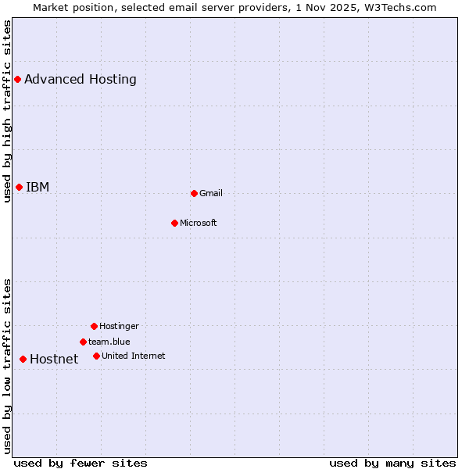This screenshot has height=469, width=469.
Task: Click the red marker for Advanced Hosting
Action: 17,79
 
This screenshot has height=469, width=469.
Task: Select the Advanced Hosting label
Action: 81,79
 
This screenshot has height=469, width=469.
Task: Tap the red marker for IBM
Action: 19,187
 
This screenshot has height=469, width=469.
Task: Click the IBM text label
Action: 38,187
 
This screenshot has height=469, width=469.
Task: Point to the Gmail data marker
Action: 194,193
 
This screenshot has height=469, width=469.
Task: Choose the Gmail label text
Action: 211,193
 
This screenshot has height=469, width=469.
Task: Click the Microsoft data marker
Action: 174,223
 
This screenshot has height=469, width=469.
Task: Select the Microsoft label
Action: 199,223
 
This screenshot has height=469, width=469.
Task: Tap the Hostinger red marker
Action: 94,326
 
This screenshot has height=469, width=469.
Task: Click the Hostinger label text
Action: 119,326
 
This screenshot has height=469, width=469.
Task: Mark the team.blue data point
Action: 83,342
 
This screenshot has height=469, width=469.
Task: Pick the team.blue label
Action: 109,342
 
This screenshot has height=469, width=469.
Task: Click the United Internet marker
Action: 96,356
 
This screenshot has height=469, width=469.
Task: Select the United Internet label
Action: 134,356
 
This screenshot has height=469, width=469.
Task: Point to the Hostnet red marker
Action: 23,359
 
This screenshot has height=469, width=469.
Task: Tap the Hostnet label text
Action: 54,359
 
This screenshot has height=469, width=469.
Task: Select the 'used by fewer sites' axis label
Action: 81,463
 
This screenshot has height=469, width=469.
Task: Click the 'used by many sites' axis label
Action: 392,463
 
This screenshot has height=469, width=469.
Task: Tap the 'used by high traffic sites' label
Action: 7,111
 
